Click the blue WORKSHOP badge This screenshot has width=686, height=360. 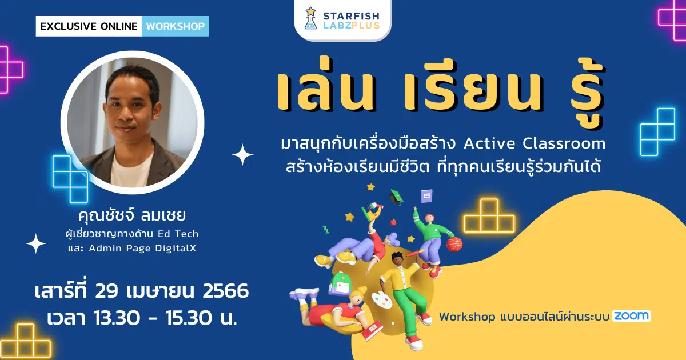coord(176,26)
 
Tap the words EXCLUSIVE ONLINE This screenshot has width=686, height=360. coord(89,26)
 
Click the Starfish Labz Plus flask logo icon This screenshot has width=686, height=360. coord(310,18)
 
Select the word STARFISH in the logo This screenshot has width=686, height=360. coord(351,16)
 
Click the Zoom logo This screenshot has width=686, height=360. coord(631,316)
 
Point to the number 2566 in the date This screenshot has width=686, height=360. coord(225,290)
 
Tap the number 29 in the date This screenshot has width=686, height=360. coord(106,290)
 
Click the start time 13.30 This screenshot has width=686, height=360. coord(117,318)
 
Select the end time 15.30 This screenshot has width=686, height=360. coord(189,318)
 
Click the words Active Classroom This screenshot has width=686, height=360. coord(535,143)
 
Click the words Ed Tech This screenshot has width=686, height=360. coord(178,234)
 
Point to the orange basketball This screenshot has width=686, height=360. coord(454,245)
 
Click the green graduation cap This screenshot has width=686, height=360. coord(396,197)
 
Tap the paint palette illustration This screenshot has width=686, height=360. coord(382,300)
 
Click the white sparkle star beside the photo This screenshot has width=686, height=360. coord(242,155)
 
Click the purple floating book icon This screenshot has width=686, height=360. coord(426,196)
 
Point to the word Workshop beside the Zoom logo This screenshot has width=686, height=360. coord(466,317)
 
